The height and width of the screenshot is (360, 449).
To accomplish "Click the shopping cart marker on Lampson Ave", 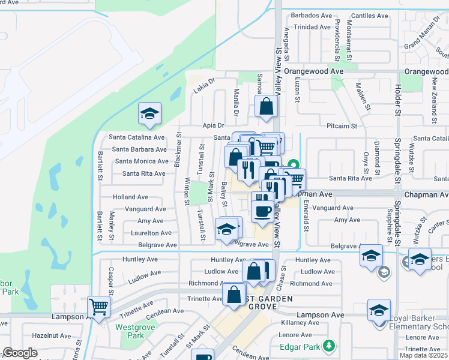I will (x=99, y=307).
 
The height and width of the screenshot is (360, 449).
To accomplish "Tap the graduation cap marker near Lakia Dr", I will (x=150, y=113).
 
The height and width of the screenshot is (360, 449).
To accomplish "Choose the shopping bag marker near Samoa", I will (x=267, y=107).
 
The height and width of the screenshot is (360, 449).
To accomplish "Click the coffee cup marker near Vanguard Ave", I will (x=262, y=211).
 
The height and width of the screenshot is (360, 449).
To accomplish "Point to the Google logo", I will (x=20, y=353).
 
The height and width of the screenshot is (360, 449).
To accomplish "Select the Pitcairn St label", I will (x=342, y=126).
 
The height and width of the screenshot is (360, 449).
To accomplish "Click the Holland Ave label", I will (x=131, y=197).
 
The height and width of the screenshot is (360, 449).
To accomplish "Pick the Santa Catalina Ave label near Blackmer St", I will (x=137, y=137).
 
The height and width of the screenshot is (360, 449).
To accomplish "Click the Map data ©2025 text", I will (x=423, y=355).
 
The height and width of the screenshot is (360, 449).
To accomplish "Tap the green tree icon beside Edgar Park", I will (x=328, y=346).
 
